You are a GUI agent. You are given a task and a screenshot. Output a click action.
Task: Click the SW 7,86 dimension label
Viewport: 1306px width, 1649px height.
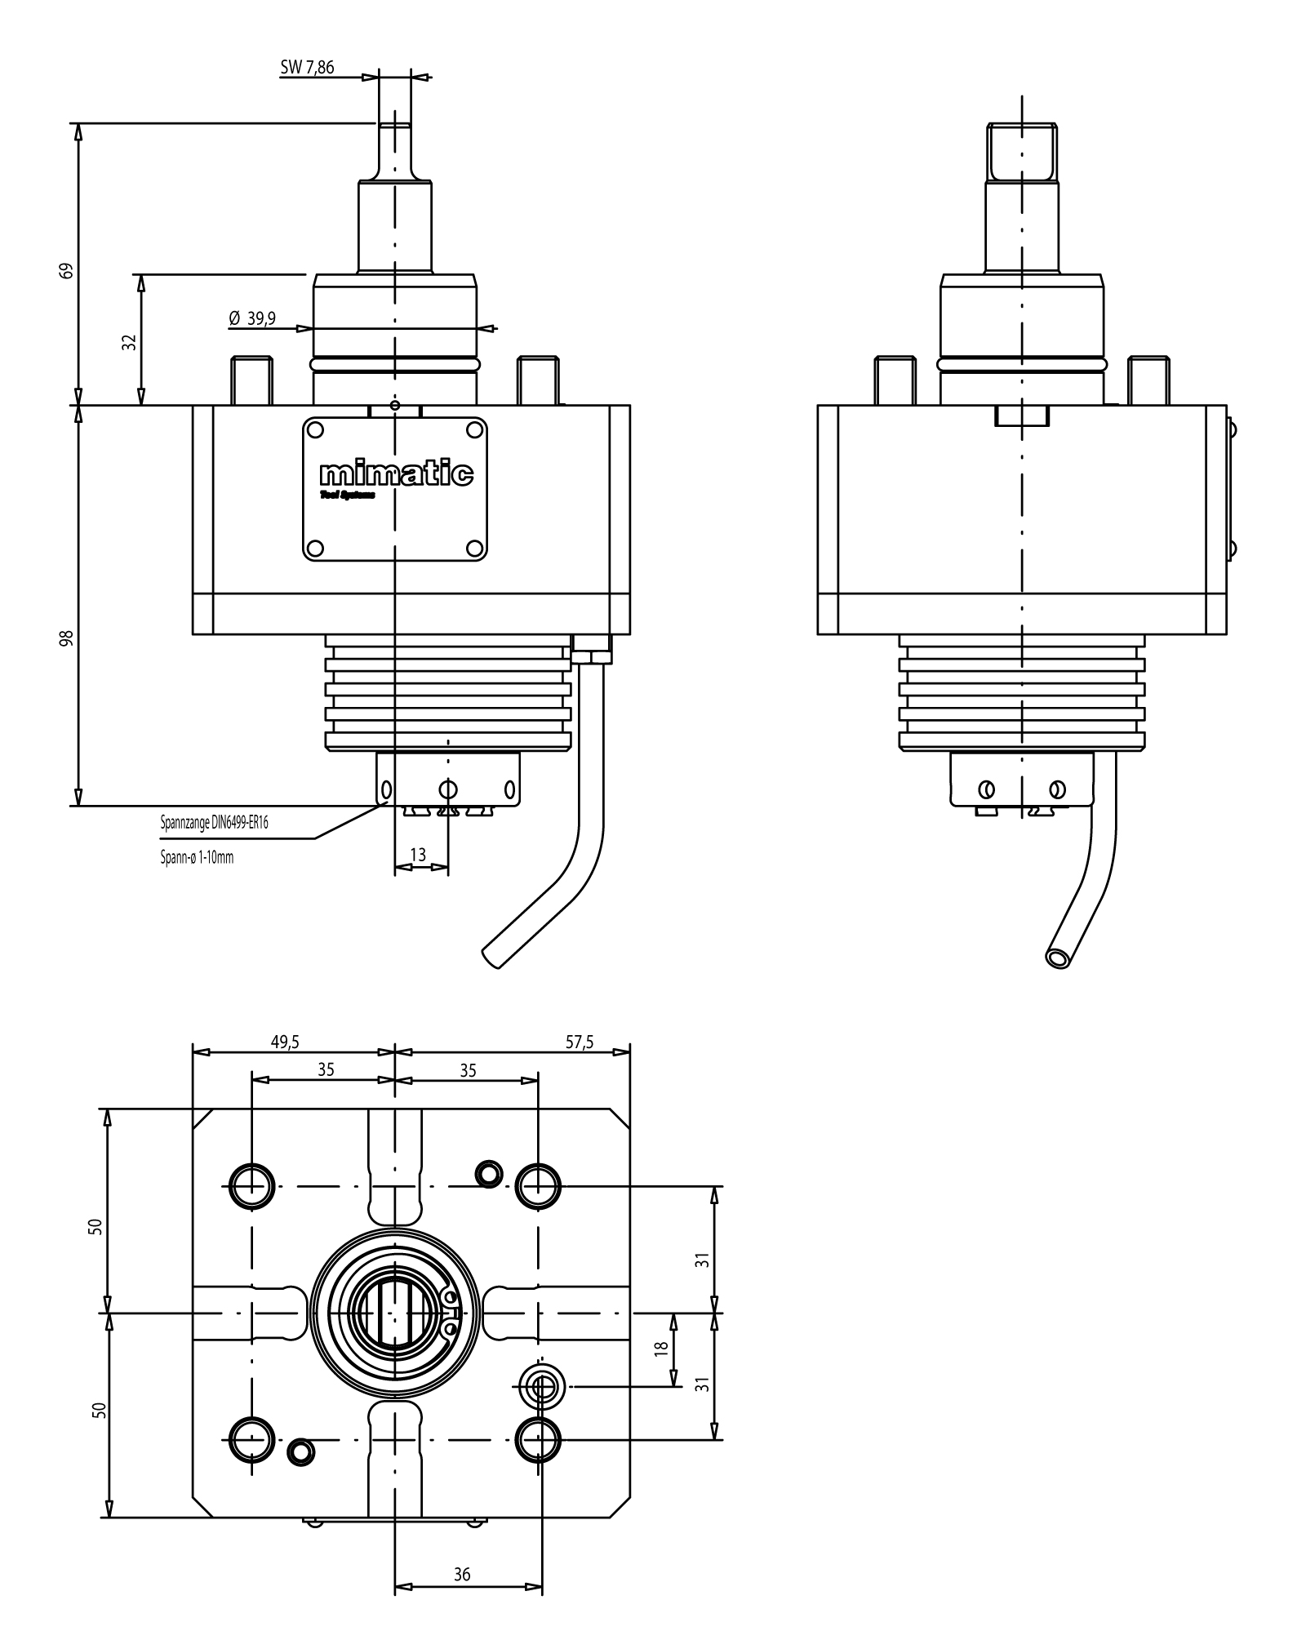(307, 67)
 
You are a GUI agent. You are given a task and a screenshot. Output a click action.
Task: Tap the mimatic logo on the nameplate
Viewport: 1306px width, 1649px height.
(396, 473)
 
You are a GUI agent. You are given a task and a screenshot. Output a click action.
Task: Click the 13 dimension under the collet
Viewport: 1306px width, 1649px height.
(418, 855)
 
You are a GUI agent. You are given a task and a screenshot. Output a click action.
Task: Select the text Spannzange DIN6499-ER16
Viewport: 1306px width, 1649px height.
(214, 824)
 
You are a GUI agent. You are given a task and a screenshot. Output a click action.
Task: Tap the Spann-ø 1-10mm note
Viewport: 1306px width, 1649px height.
(197, 858)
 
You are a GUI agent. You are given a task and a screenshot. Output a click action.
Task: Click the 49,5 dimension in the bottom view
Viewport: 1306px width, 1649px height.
(285, 1042)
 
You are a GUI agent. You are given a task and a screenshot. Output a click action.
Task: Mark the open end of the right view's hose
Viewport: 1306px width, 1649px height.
(1059, 958)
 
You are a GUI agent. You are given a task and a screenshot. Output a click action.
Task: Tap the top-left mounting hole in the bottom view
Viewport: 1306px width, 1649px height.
(251, 1185)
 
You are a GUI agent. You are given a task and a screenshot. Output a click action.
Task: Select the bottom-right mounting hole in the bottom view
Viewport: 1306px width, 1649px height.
(539, 1438)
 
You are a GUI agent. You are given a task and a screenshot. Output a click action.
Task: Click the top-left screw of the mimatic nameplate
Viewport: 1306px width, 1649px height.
(317, 429)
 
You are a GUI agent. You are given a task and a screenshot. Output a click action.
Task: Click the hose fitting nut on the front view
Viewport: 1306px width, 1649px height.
(592, 656)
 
